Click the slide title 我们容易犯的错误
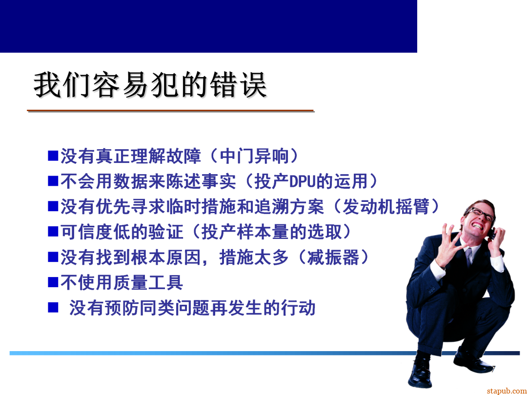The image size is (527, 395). tap(150, 85)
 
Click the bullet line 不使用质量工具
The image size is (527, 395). tap(122, 282)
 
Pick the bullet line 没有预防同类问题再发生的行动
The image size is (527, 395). tap(192, 308)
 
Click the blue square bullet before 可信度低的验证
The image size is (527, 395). tap(53, 232)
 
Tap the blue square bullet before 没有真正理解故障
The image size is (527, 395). tap(53, 156)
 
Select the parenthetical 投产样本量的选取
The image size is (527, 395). tap(277, 232)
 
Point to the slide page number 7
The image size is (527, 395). tap(493, 369)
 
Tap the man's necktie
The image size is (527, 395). tap(469, 257)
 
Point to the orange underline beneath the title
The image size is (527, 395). tap(170, 111)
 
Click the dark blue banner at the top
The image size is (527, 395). tap(208, 26)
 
